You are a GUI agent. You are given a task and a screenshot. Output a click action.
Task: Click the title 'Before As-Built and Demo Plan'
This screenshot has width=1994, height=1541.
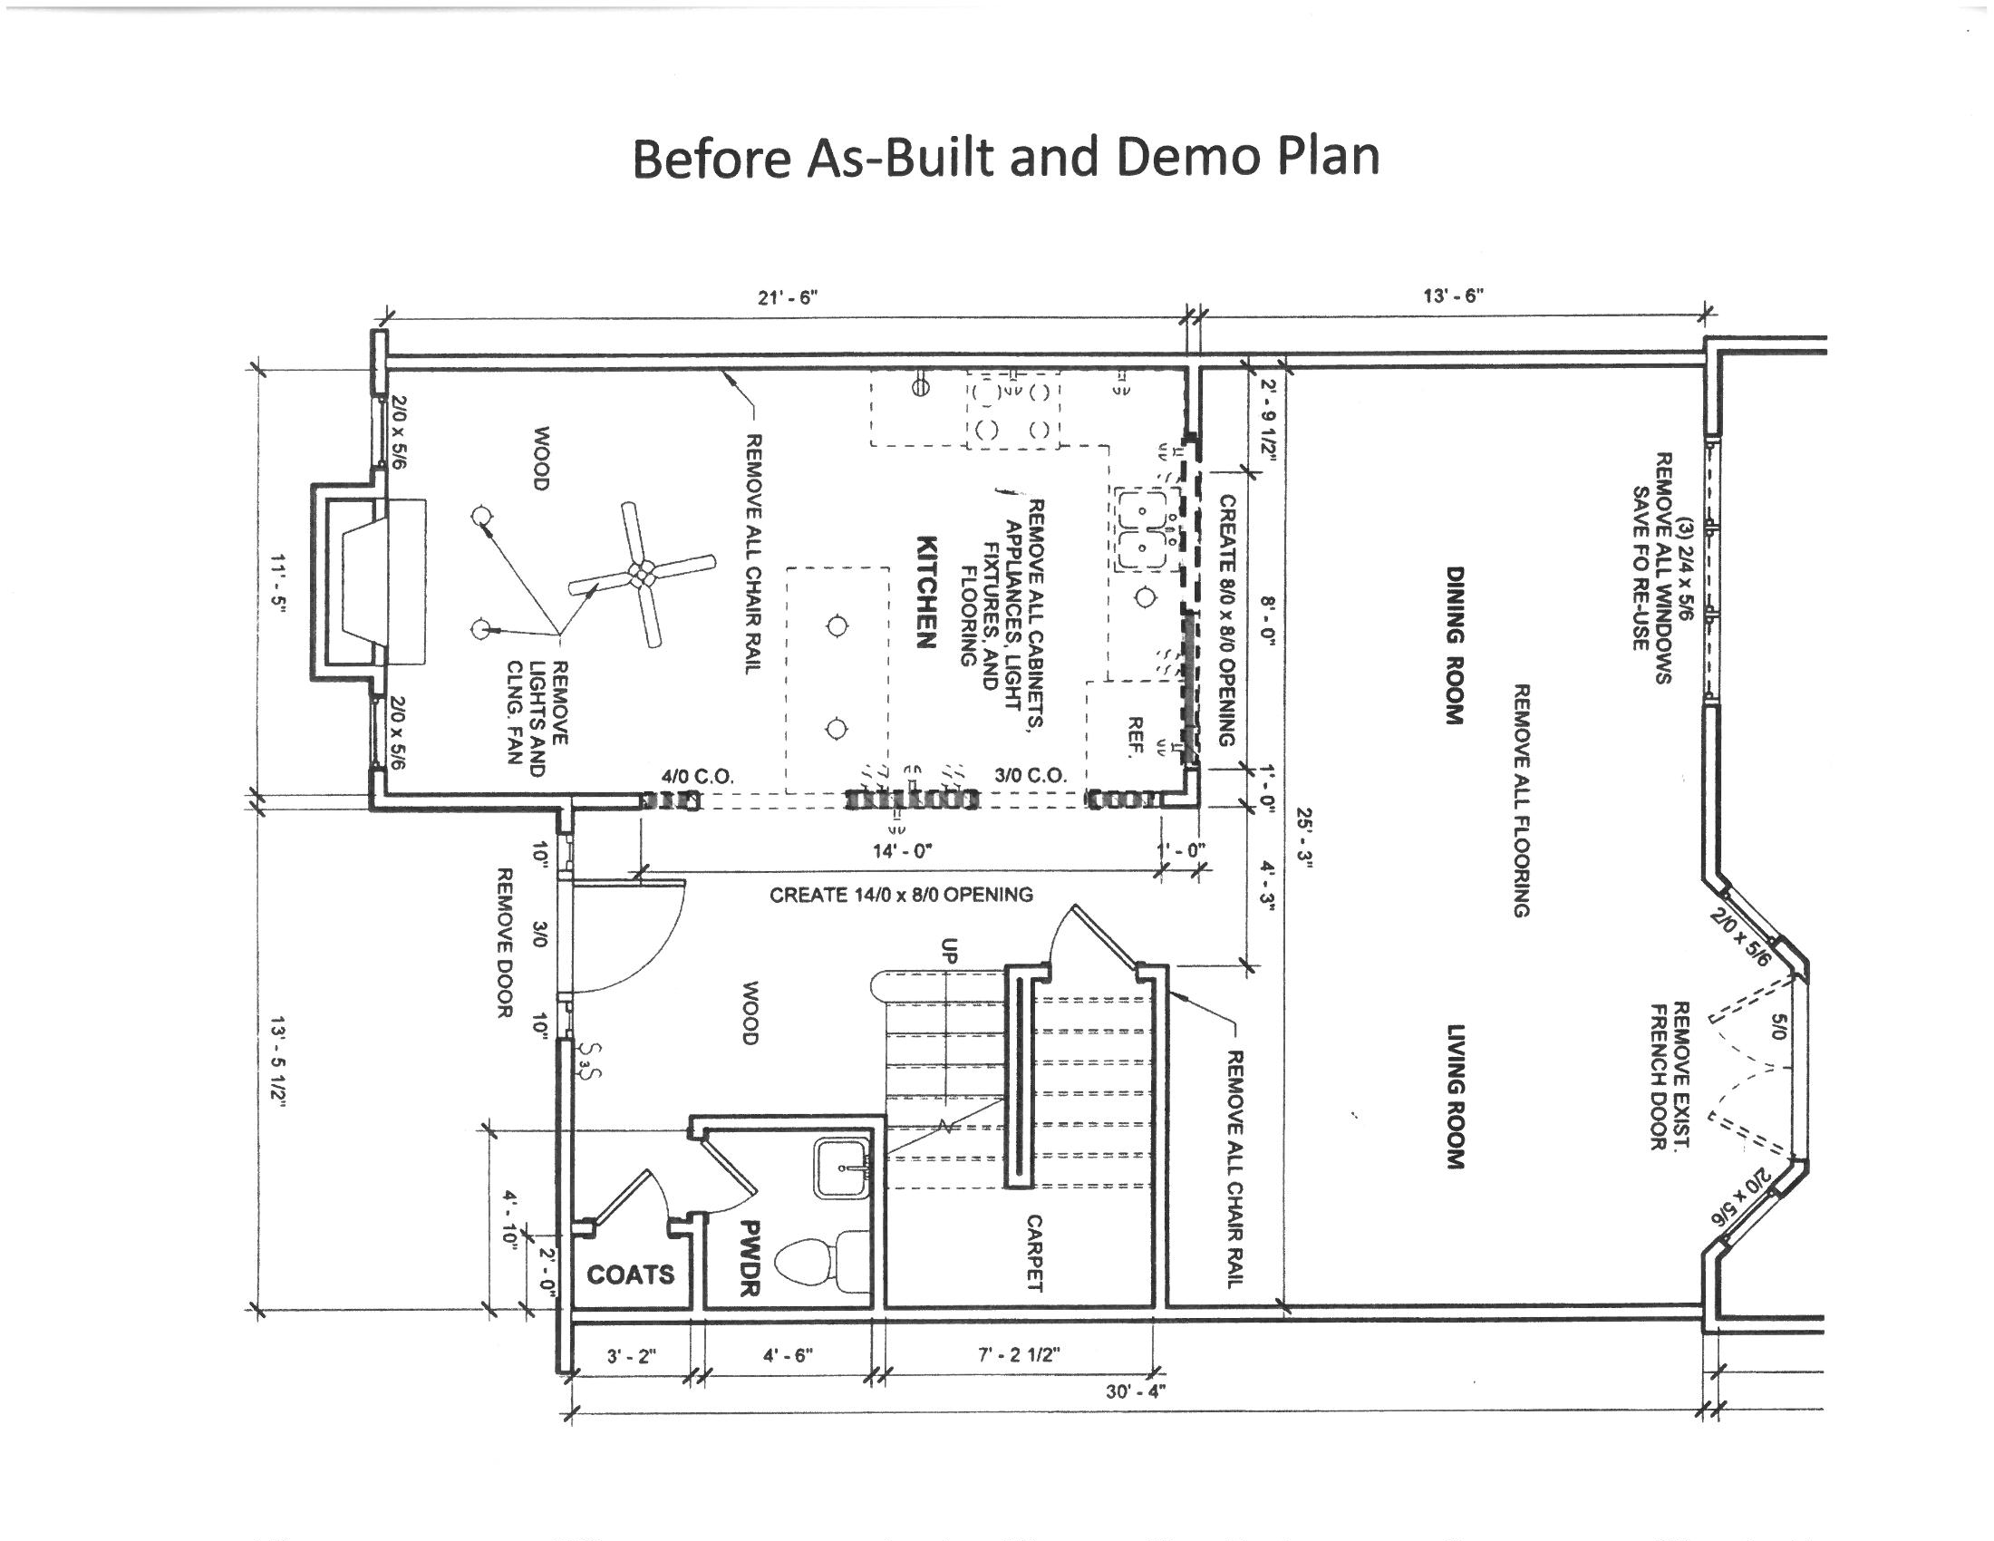(x=1005, y=157)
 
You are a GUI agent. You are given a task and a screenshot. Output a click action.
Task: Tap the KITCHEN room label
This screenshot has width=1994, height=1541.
(x=925, y=592)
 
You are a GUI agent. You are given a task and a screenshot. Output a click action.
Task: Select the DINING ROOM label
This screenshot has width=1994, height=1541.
(x=1455, y=645)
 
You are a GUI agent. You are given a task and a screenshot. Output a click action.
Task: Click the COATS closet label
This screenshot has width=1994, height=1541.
(x=630, y=1274)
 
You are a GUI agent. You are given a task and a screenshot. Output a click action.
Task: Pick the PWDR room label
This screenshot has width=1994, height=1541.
(x=750, y=1257)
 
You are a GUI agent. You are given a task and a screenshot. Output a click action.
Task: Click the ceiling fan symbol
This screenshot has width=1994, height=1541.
(x=642, y=574)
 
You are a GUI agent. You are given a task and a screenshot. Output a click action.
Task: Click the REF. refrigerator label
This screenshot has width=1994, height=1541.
(x=1136, y=737)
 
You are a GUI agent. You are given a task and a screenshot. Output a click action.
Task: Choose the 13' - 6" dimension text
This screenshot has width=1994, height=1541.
(x=1454, y=295)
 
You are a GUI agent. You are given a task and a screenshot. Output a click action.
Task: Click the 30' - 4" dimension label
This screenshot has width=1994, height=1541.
(x=1136, y=1391)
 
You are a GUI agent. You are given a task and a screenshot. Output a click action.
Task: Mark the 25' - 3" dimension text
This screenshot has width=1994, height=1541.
(x=1302, y=839)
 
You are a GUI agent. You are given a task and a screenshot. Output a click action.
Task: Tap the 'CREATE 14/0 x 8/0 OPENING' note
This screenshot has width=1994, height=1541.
(x=901, y=895)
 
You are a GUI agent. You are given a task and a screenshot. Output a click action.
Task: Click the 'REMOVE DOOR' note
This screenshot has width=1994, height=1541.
(x=503, y=943)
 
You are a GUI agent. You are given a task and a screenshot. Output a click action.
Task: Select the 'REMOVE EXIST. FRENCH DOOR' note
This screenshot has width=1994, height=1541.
(x=1670, y=1075)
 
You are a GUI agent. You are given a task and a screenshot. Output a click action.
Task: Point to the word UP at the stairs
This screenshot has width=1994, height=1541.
(x=950, y=952)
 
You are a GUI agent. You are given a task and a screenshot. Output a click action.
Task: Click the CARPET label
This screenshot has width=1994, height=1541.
(x=1033, y=1253)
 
